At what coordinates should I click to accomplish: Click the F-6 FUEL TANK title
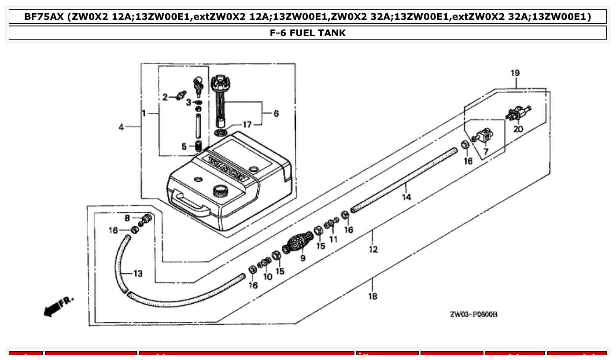(x=308, y=33)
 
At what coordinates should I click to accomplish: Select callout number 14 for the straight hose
(x=406, y=197)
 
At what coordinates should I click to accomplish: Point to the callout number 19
(x=515, y=73)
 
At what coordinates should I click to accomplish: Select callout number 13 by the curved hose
(x=138, y=274)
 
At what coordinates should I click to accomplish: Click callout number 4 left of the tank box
(x=121, y=127)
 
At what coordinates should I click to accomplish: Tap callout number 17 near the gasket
(x=247, y=125)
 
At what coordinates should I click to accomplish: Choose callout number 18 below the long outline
(x=373, y=296)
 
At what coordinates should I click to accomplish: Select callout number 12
(x=373, y=249)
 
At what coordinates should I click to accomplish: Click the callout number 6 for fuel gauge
(x=276, y=114)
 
